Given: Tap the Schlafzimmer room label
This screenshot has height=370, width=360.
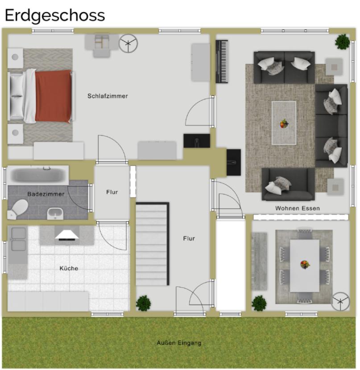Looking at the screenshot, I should pos(108,96).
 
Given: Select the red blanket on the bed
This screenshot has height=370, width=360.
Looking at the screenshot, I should pos(54,96).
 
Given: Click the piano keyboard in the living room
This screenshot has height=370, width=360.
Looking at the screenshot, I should pos(222,62).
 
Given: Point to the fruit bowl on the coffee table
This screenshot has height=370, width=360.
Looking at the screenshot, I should pos(284,123).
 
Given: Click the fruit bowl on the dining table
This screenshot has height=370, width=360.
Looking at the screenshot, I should pos(305,264).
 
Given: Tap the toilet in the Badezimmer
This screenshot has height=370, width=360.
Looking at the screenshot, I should pos(19,208).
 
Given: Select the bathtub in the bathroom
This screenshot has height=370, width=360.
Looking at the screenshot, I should pos(38,175).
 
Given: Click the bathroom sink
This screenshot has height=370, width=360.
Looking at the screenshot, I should pos(55,213).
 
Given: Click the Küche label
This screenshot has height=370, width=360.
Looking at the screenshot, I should pos(69,268).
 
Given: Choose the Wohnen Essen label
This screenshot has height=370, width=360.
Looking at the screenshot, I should pos(298,208).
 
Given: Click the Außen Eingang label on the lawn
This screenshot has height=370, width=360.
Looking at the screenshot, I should pos(179,343).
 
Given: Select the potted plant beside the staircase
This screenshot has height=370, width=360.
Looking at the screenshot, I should pos(144,303).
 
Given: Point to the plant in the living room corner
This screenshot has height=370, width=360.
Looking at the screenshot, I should pos(343,42).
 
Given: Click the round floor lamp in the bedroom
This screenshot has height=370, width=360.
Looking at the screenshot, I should pos(128,44).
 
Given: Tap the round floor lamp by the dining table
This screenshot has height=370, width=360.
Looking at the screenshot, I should pos(341,301).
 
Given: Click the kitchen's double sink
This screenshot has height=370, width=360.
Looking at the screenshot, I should pos(18,239).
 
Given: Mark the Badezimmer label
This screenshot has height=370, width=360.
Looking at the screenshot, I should pos(46,194).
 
